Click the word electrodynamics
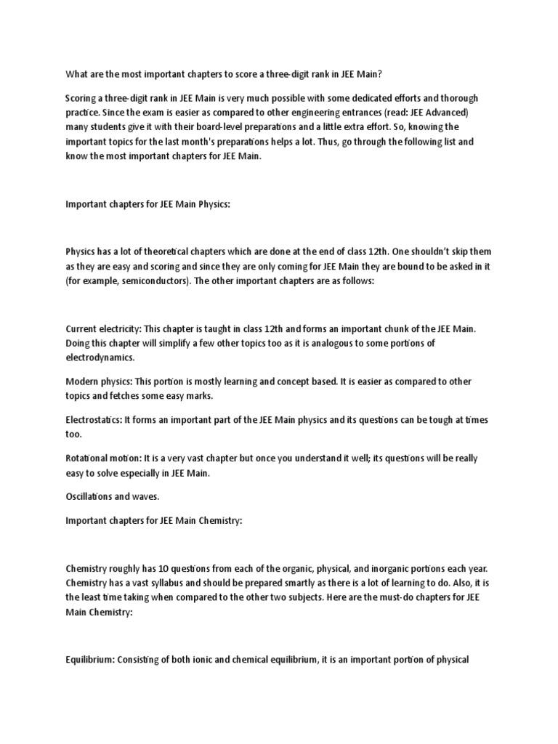[99, 357]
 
